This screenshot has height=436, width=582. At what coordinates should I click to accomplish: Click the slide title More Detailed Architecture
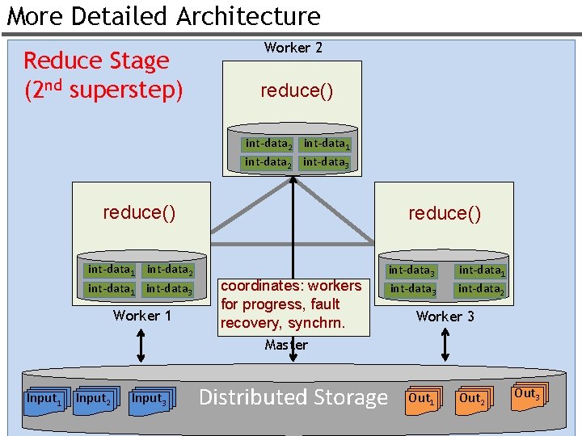pos(164,16)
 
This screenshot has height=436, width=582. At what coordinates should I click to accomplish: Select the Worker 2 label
pos(293,48)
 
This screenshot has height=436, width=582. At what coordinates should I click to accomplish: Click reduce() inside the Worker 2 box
pos(296,90)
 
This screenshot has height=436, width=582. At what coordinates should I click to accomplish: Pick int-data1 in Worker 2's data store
pos(326,144)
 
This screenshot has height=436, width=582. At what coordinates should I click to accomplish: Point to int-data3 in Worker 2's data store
pos(326,161)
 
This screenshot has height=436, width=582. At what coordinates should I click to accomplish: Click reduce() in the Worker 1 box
pos(139,212)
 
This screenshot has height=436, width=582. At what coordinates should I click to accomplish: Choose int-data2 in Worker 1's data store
pos(169,270)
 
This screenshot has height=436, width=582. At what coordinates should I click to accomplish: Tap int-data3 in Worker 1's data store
pos(169,288)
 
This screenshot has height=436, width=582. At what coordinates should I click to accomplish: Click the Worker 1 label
pos(142,316)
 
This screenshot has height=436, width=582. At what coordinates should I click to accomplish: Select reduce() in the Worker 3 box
pos(445,213)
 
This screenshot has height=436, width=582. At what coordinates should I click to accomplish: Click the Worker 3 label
pos(445,317)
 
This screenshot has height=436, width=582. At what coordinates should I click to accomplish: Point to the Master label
pos(286,345)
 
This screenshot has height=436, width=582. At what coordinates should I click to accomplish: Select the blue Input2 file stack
pos(93,400)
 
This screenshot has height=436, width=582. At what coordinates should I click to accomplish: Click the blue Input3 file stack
pos(150,400)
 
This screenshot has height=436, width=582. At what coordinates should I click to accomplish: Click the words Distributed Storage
pos(293,397)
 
